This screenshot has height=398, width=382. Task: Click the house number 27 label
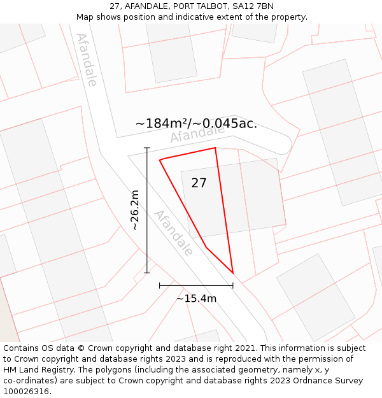click(199, 183)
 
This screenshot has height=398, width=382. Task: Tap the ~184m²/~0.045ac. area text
click(196, 124)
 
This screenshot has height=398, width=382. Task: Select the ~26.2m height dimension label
click(134, 210)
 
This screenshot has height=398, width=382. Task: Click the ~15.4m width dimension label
click(196, 299)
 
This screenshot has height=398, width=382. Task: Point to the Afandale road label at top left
click(87, 60)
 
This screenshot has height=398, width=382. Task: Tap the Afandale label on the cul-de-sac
click(197, 134)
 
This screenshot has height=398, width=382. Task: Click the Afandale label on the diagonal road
click(173, 232)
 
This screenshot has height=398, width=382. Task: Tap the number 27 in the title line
click(115, 6)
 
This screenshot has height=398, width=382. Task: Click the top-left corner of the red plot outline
click(160, 159)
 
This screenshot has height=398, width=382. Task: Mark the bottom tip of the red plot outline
click(233, 274)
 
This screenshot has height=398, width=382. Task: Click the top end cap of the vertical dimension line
click(147, 148)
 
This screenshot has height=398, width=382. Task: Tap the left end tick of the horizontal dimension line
click(160, 285)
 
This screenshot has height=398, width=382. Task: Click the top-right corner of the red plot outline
click(215, 148)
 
